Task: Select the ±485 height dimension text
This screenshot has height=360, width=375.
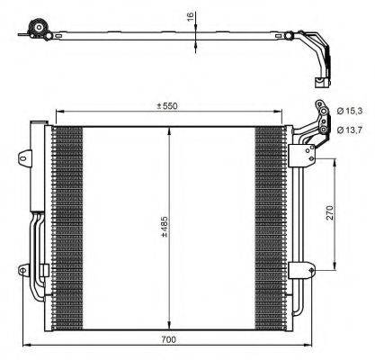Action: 163,225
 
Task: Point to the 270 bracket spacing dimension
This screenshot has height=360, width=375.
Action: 331,213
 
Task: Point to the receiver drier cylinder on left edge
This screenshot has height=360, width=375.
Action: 39,171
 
